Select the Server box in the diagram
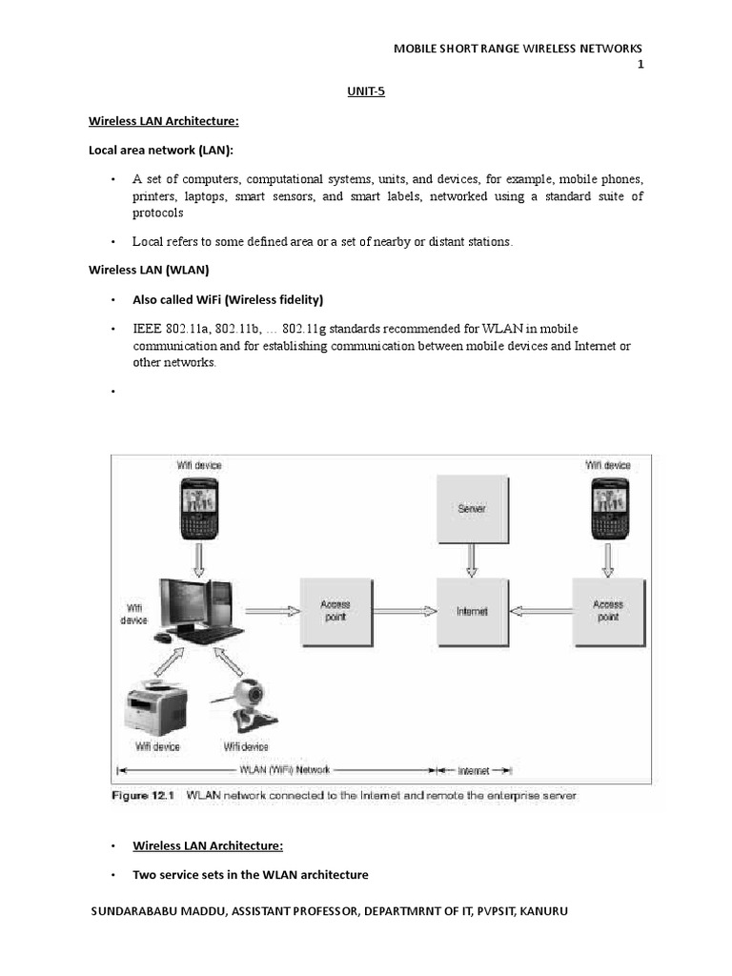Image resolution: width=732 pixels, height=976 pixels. pyautogui.click(x=471, y=508)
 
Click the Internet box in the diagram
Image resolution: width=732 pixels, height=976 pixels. pyautogui.click(x=471, y=611)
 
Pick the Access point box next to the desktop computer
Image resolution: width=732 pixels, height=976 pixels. pyautogui.click(x=334, y=611)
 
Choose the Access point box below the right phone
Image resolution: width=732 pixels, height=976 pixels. pyautogui.click(x=607, y=611)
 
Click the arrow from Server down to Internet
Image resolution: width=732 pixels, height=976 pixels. pyautogui.click(x=471, y=559)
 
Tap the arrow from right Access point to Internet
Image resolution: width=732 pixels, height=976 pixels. pyautogui.click(x=539, y=611)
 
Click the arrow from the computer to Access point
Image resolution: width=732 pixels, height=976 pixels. pyautogui.click(x=271, y=611)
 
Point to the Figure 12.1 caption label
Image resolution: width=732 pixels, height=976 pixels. pyautogui.click(x=145, y=794)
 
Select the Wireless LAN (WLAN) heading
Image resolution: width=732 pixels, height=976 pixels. pyautogui.click(x=149, y=271)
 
